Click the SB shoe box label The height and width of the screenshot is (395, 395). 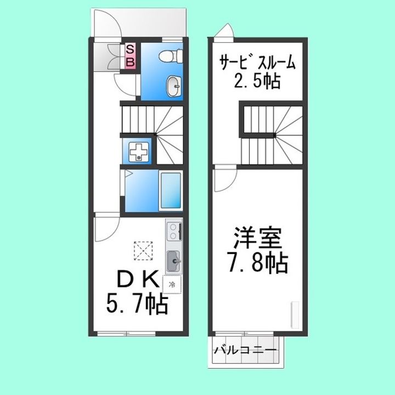coord(131,56)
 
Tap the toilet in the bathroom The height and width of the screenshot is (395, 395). coord(169,56)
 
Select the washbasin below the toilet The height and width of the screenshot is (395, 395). coord(174,85)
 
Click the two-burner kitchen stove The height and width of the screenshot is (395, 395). coord(173,232)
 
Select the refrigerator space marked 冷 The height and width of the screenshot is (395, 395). coord(172,284)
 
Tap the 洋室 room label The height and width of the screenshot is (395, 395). coord(257,239)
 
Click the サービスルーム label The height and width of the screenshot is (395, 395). coord(257,61)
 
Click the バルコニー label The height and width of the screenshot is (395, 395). coord(245,349)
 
